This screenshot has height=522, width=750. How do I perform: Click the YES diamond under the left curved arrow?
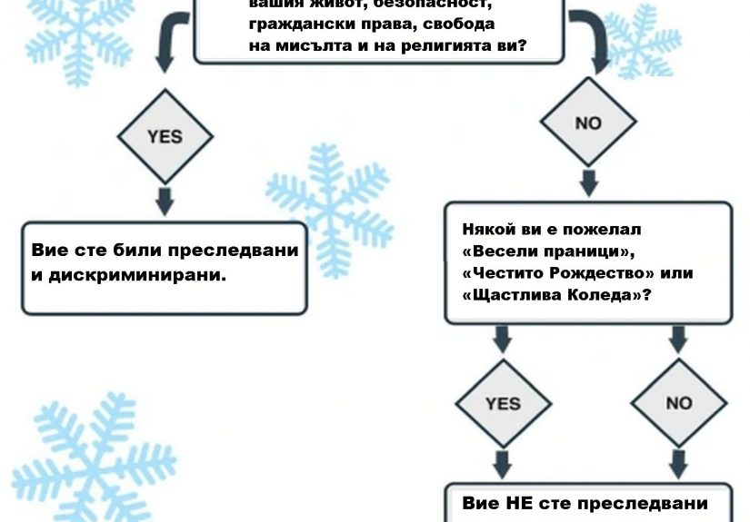(165, 136)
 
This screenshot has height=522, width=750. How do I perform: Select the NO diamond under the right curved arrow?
(588, 123)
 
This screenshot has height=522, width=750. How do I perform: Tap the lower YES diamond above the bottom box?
(502, 403)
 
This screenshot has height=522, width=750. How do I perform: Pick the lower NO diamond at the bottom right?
(678, 403)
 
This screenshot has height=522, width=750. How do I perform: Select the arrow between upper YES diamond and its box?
(165, 200)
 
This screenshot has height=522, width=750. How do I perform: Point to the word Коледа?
(607, 296)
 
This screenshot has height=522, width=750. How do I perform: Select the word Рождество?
(582, 273)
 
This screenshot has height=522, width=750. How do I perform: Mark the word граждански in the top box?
(291, 25)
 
